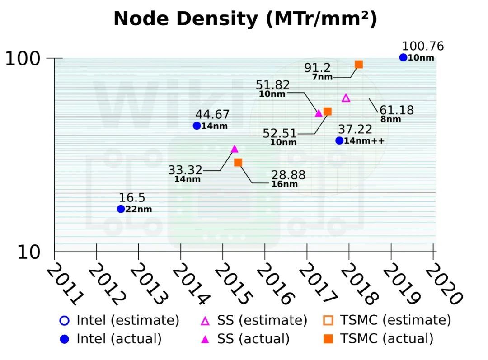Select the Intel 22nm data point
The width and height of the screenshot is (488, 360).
click(121, 209)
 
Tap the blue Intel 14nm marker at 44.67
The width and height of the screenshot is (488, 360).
click(197, 126)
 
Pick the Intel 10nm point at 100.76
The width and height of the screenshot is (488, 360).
click(403, 57)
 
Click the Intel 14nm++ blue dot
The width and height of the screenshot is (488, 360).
click(339, 140)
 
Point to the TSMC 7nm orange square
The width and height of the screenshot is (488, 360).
click(359, 64)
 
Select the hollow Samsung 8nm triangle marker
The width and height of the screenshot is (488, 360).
click(346, 98)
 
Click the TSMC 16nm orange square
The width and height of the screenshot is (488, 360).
click(238, 162)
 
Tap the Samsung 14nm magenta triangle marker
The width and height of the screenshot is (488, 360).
click(234, 149)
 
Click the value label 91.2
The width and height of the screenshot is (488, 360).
click(317, 68)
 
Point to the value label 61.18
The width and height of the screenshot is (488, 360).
click(396, 110)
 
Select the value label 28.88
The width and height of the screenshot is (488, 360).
click(288, 175)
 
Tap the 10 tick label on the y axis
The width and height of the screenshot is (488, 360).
click(29, 252)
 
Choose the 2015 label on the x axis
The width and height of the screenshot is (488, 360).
click(232, 284)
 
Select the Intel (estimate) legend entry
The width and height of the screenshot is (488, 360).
click(119, 321)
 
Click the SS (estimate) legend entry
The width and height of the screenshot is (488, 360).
click(254, 321)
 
